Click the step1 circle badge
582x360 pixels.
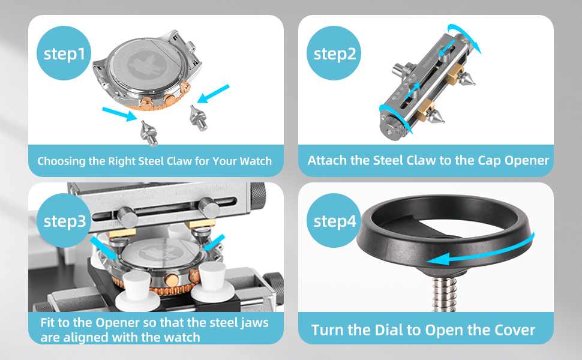(64, 53)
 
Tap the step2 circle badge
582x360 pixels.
(335, 53)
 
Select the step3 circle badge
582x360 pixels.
(65, 221)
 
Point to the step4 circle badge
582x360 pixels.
(335, 221)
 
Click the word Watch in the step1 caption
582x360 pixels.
(256, 161)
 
